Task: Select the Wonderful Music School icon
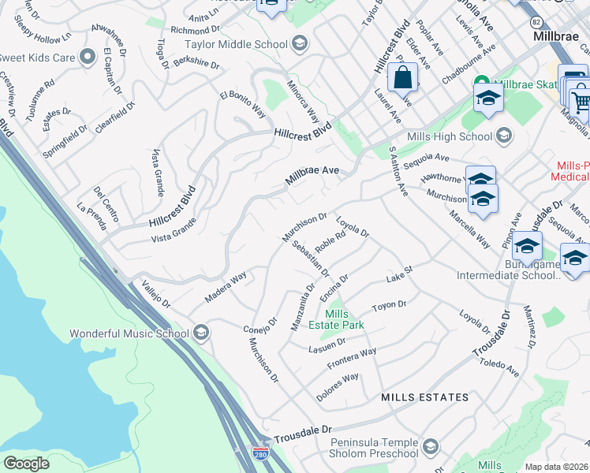coord(201,333)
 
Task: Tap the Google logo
coord(26,464)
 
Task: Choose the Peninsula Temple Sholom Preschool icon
coord(430,448)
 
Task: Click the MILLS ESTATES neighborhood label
coord(424,397)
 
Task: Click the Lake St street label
coord(400,274)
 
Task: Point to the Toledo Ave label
coord(499,367)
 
